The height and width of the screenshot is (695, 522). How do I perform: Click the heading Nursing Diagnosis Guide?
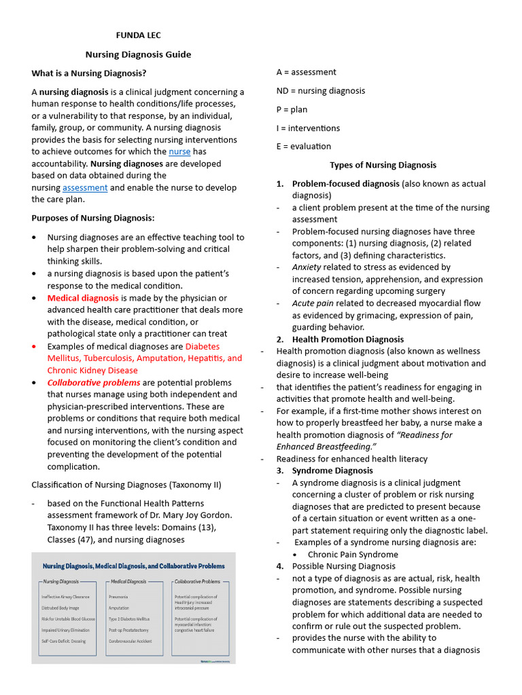[138, 54]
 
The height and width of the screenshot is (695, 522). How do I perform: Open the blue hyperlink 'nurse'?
[179, 152]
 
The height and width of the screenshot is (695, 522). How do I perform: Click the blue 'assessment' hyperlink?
[85, 188]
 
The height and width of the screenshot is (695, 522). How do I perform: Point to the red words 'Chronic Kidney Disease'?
[92, 371]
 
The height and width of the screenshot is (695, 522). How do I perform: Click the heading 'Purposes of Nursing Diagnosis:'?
[93, 218]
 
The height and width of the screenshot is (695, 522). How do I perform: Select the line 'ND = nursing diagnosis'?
[321, 91]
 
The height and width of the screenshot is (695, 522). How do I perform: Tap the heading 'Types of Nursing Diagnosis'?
[383, 165]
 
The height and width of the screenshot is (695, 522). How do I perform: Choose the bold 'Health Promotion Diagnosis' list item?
[347, 339]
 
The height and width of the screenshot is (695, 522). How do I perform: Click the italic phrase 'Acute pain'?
[313, 303]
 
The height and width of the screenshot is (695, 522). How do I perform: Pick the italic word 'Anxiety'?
[307, 267]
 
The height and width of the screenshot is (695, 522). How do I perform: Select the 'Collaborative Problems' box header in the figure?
[197, 582]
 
